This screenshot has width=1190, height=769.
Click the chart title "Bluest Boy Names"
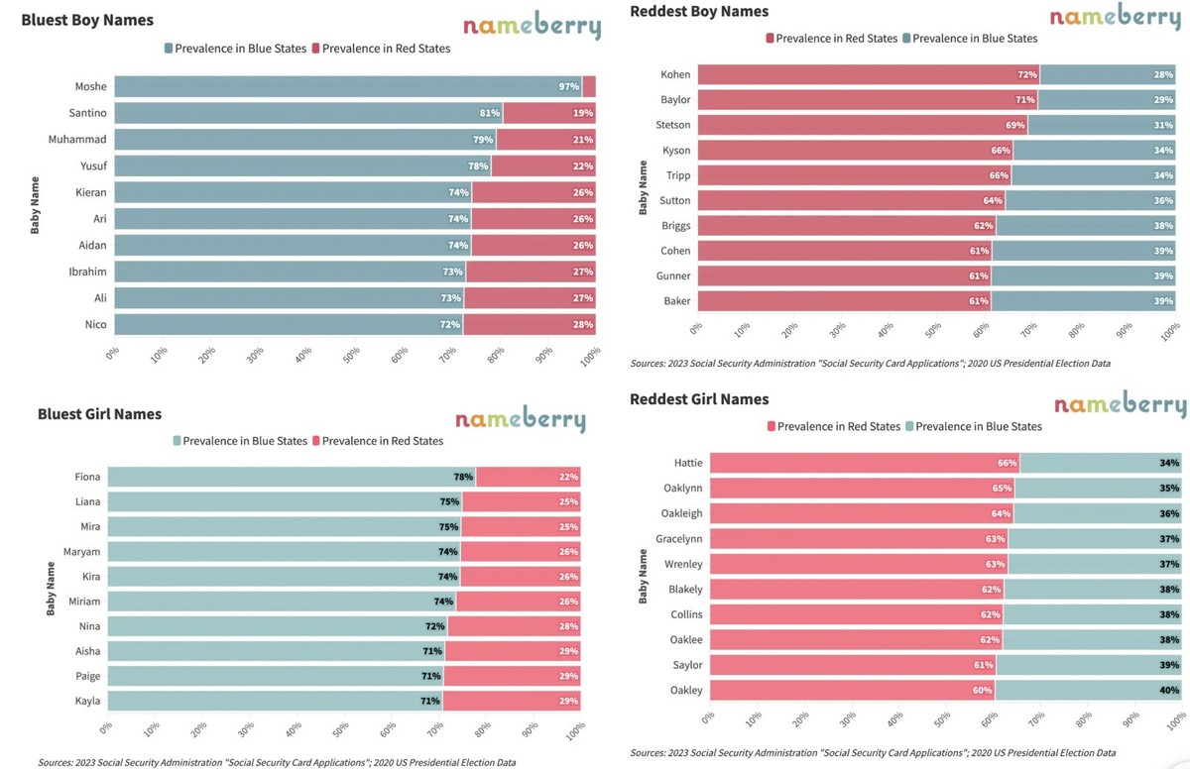click(x=87, y=20)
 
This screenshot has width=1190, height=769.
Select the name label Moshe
click(x=90, y=86)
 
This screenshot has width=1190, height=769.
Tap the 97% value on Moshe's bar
click(x=568, y=86)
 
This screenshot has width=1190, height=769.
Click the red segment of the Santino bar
click(x=548, y=113)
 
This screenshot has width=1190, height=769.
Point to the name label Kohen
click(x=675, y=74)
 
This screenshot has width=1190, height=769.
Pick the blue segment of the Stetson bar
click(x=1101, y=125)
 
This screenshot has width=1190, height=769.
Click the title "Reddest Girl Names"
click(x=699, y=399)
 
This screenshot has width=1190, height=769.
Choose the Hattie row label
click(x=687, y=463)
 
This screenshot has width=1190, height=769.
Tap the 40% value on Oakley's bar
click(x=1169, y=690)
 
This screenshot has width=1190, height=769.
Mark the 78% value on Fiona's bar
click(x=463, y=477)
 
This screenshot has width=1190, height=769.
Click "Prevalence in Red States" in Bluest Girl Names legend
click(x=383, y=441)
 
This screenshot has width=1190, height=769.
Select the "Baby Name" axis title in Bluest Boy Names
click(x=36, y=205)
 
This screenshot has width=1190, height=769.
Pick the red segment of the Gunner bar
click(x=843, y=275)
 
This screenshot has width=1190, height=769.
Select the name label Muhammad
click(x=77, y=139)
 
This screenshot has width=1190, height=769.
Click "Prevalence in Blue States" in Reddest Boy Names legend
click(x=974, y=39)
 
